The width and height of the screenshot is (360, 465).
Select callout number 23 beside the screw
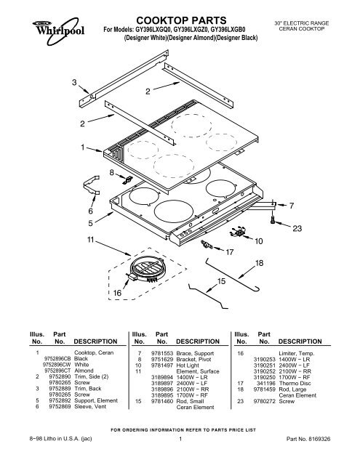pos(297,229)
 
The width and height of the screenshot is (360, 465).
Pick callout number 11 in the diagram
pos(90,240)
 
